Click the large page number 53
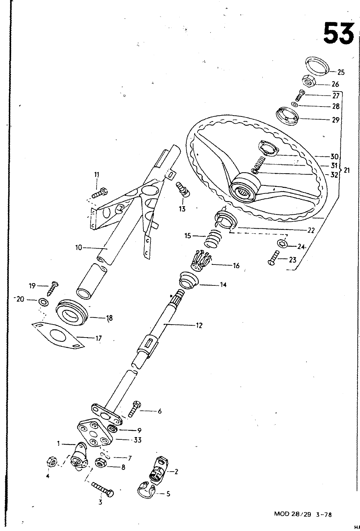pos(339,34)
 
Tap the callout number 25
pos(341,72)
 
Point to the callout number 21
pos(347,170)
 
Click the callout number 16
pos(236,265)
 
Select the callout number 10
pos(78,248)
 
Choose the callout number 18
pos(109,318)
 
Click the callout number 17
pos(99,338)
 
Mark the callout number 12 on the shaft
pos(199,326)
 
